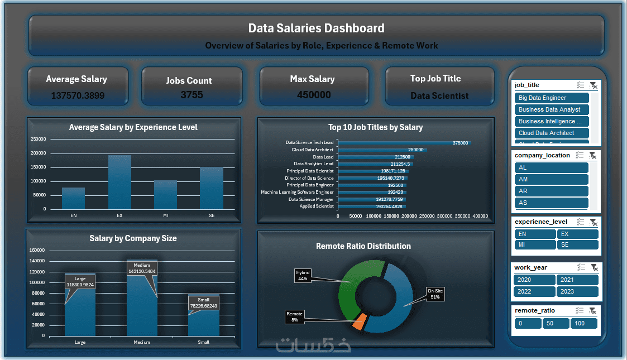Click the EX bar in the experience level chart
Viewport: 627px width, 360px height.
coord(119,182)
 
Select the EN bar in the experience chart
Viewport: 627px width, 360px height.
coord(73,198)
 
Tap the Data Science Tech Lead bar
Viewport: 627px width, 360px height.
coord(404,143)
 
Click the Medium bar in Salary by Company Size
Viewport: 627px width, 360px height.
coord(142,313)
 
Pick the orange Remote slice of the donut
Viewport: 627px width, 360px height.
coord(360,321)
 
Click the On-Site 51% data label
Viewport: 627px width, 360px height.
coord(435,294)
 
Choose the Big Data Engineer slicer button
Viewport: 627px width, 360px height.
coord(552,98)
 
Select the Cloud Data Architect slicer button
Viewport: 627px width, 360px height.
coord(552,133)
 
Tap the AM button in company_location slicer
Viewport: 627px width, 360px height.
coord(551,179)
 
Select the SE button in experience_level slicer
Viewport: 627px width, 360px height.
coord(577,244)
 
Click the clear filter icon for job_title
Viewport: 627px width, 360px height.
coord(594,85)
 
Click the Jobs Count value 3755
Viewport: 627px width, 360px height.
coord(192,95)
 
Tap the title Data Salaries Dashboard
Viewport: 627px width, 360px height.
coord(316,28)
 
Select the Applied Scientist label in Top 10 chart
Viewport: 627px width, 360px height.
coord(316,206)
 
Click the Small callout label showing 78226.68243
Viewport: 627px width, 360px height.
coord(204,303)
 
